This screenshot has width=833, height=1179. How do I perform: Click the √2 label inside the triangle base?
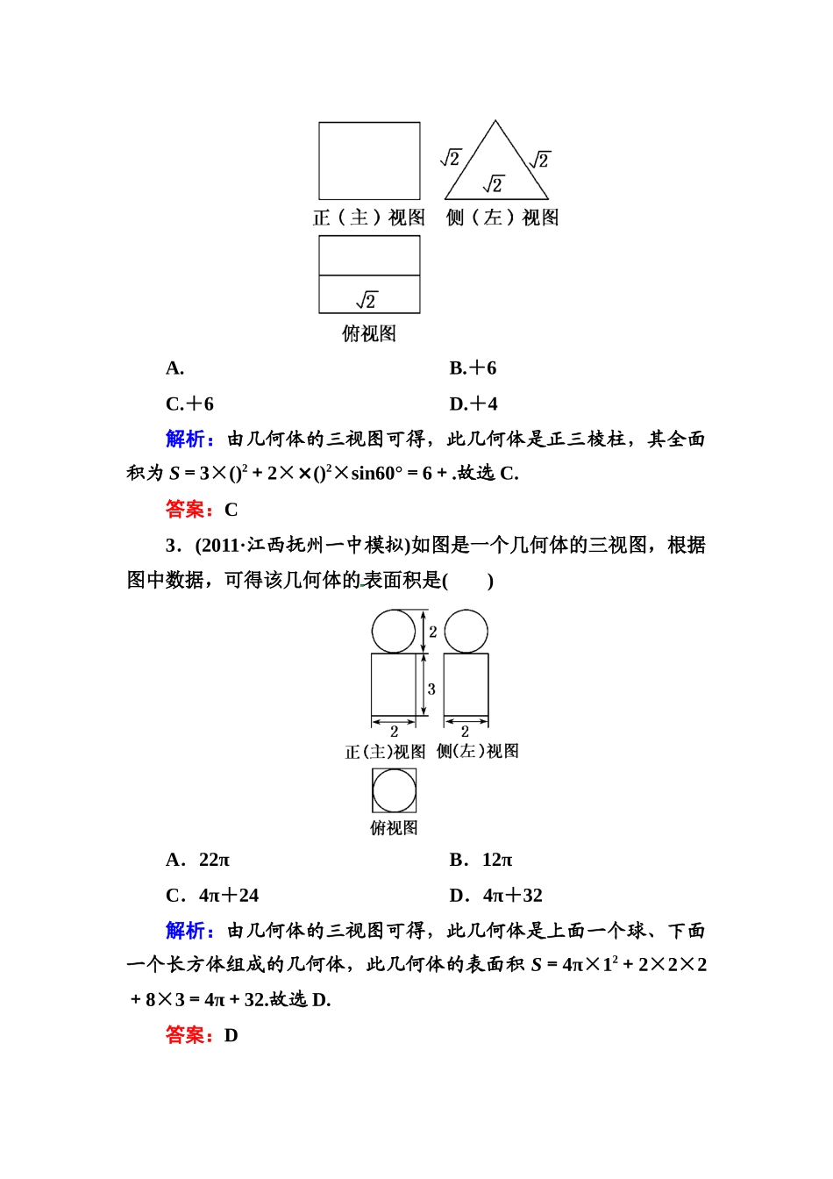[494, 184]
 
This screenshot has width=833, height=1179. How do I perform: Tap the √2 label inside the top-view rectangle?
[367, 300]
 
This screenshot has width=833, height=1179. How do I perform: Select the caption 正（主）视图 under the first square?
[368, 218]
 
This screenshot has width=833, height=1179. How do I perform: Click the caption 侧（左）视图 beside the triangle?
[502, 218]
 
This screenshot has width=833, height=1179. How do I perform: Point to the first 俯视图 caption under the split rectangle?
[369, 333]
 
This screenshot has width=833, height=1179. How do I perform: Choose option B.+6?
[473, 368]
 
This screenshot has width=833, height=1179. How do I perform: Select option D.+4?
[473, 404]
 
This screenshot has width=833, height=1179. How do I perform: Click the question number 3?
[172, 546]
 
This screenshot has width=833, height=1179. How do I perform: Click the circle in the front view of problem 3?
[394, 632]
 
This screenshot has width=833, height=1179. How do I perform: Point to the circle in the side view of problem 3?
[466, 632]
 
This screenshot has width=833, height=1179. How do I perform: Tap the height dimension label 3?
[431, 690]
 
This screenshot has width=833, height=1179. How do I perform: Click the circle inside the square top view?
[394, 790]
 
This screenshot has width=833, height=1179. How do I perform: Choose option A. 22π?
[198, 861]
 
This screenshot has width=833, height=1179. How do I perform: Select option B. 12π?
[481, 861]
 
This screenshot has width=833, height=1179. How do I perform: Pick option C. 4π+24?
[212, 896]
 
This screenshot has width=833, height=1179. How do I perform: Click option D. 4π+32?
[495, 896]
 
